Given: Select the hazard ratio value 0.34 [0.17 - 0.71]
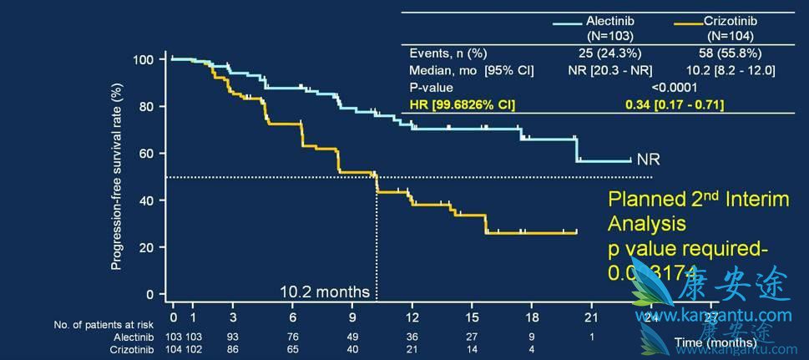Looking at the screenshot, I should click(x=674, y=104).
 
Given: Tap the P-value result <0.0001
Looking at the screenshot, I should click(x=674, y=87).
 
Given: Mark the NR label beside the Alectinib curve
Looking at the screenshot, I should click(x=649, y=160).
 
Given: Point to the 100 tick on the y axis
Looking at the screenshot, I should click(x=144, y=60).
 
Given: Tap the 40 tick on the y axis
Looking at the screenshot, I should click(x=148, y=200).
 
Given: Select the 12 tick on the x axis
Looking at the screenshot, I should click(x=412, y=317).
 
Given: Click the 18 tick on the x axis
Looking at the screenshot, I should click(x=531, y=317).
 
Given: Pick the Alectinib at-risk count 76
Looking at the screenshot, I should click(x=293, y=336).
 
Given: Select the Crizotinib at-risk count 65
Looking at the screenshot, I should click(x=293, y=349).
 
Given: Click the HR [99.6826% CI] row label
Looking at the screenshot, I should click(x=463, y=104).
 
